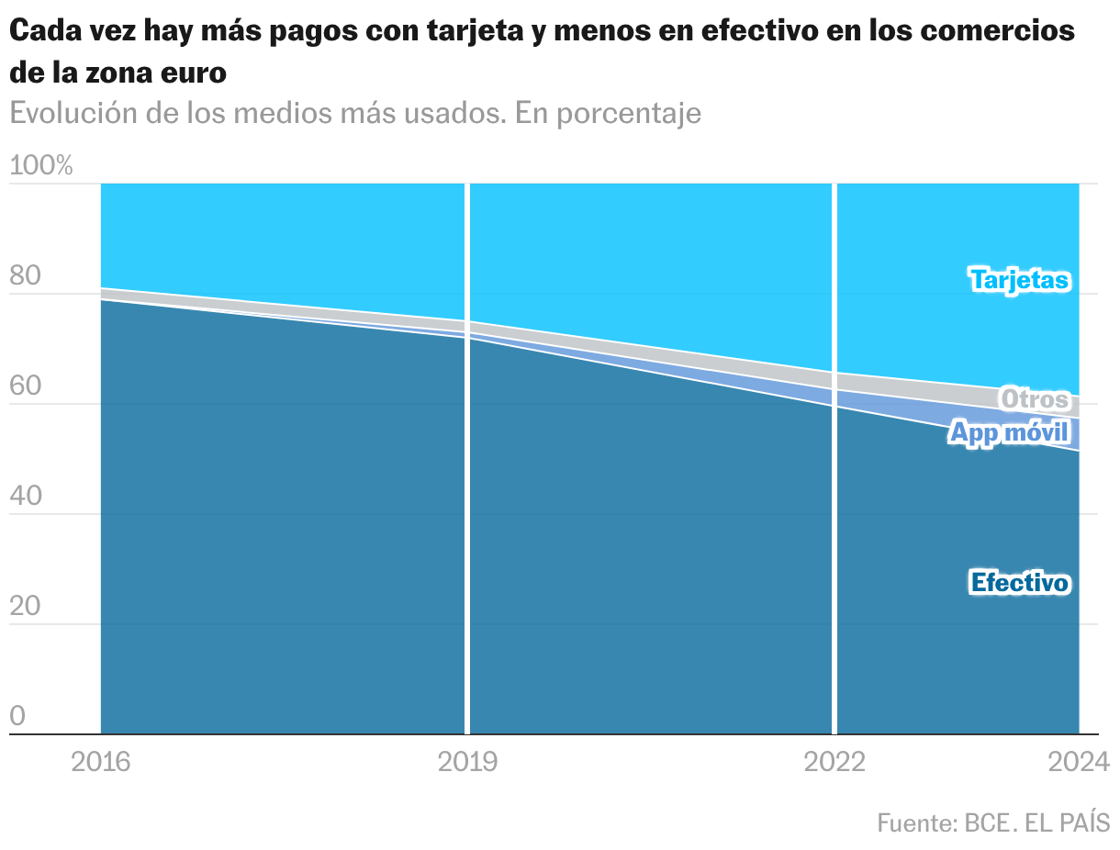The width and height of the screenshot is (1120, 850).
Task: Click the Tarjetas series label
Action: coord(1019,279)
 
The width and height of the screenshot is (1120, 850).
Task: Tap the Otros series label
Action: coord(1035,399)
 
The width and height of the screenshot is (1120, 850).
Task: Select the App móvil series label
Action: coord(1009,432)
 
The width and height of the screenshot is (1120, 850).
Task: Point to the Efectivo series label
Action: coord(1019,582)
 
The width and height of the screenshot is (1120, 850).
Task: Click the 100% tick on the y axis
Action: coord(40,166)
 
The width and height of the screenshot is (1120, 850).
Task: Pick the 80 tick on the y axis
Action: coord(25,277)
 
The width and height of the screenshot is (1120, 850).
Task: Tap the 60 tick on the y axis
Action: coord(26,387)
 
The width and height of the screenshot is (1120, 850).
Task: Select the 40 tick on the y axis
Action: coord(26,497)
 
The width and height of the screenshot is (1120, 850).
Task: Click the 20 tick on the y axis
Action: coord(25,607)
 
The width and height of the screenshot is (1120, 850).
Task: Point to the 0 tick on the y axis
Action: coord(17,716)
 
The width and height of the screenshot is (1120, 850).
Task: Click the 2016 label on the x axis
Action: coord(101,762)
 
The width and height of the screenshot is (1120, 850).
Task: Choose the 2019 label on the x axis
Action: coord(467,762)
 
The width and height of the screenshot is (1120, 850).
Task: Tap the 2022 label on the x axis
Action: coord(834,762)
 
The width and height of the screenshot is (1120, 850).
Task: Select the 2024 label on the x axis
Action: coord(1079,762)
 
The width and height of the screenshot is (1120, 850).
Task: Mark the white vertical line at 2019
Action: coord(467,459)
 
